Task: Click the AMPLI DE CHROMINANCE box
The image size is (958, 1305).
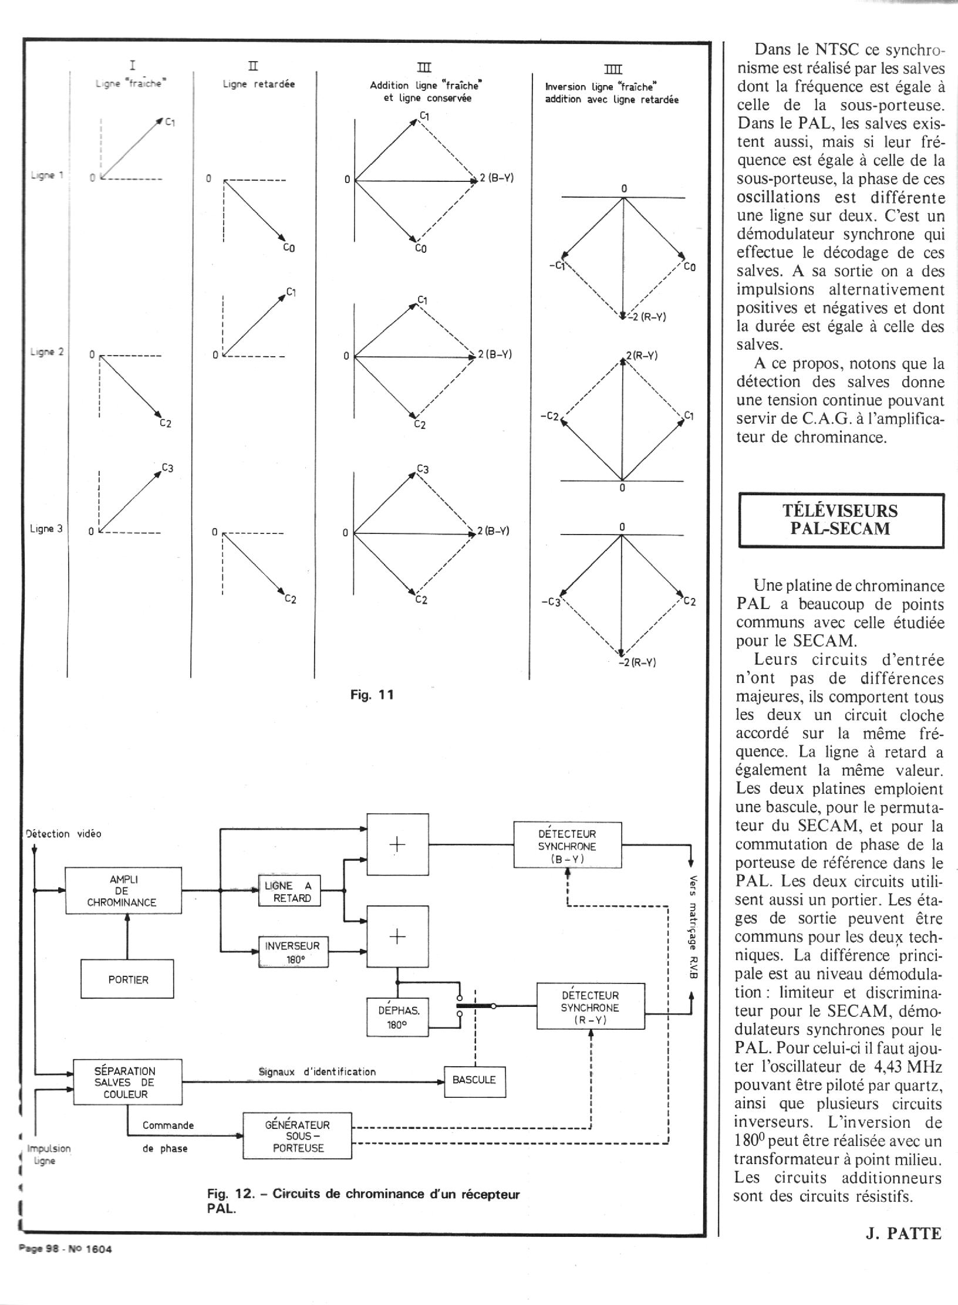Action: click(x=123, y=891)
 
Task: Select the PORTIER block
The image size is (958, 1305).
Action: click(x=127, y=979)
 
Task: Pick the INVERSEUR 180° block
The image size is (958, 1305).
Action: click(x=294, y=952)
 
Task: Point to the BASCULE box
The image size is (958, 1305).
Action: click(x=474, y=1079)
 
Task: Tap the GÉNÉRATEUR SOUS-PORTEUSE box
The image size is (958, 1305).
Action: click(x=298, y=1136)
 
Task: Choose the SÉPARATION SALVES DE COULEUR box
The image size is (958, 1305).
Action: click(x=127, y=1082)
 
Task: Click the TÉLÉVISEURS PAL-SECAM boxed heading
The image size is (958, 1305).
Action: click(x=841, y=520)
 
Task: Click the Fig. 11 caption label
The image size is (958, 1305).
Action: click(x=372, y=695)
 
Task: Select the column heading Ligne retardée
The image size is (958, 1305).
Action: click(x=258, y=84)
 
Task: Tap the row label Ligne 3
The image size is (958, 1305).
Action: click(x=46, y=529)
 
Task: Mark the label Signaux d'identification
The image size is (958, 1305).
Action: click(x=317, y=1071)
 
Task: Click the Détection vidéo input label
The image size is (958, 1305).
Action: click(x=64, y=833)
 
